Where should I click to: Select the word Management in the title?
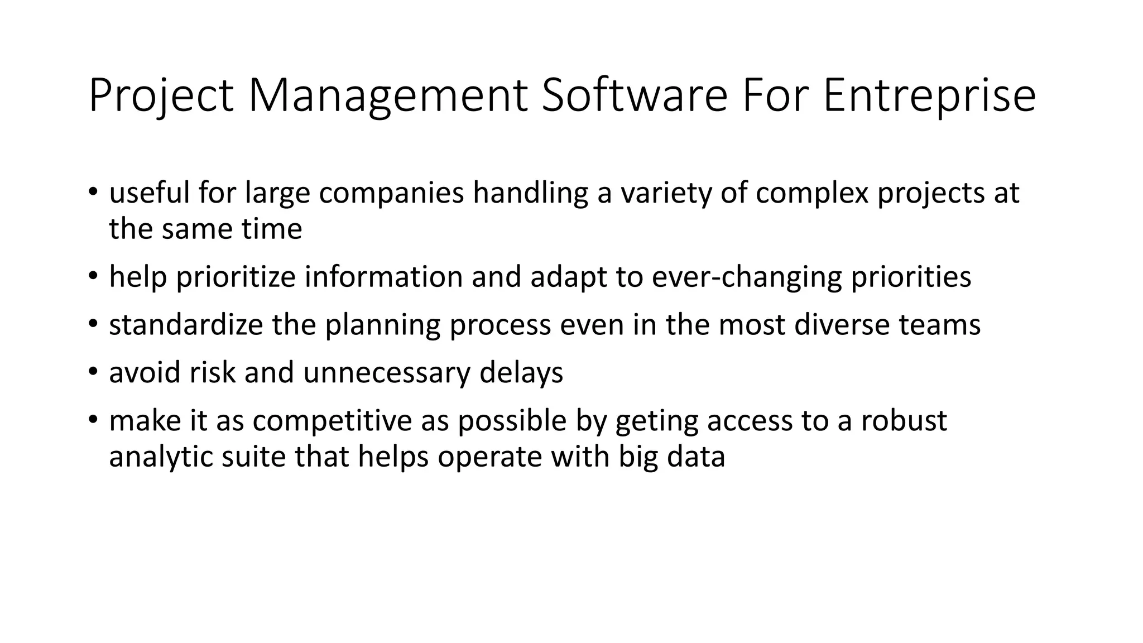[388, 96]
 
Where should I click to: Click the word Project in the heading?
[161, 96]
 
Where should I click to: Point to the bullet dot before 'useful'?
[93, 193]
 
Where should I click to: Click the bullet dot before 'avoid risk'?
[93, 372]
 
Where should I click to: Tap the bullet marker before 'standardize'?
[93, 324]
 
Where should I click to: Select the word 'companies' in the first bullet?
[391, 193]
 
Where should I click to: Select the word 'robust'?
[904, 420]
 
